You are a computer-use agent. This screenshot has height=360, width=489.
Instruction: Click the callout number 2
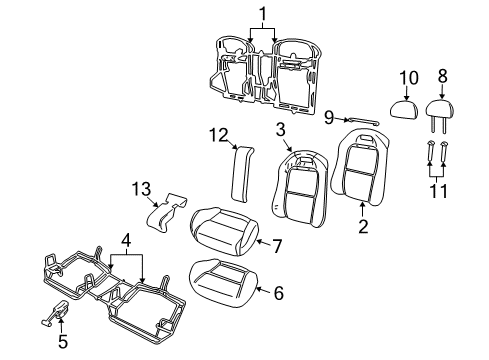(x=363, y=227)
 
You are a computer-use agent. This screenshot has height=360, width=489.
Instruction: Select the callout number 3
(x=281, y=130)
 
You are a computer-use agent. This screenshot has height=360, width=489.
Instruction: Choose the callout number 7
(x=278, y=244)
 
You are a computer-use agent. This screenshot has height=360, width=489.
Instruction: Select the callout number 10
(x=407, y=78)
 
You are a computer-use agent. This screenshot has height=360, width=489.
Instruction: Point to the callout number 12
(x=220, y=135)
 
